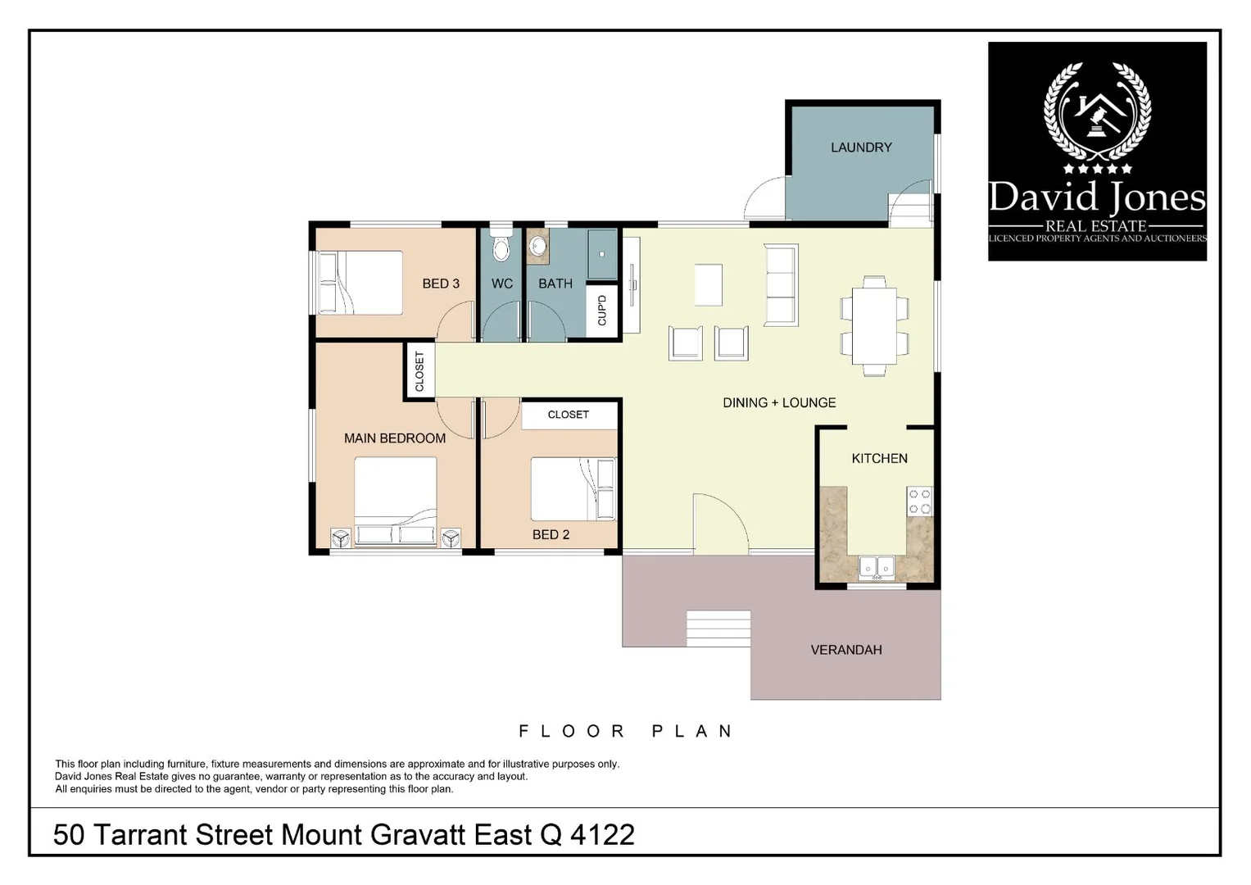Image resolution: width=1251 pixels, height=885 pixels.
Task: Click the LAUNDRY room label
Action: pyautogui.click(x=861, y=147)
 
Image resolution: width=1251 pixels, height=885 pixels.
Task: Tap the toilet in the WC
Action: pyautogui.click(x=501, y=247)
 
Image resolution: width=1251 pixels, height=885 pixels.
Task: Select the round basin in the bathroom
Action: pyautogui.click(x=537, y=246)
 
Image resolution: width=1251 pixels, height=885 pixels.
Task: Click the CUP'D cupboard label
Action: pyautogui.click(x=602, y=311)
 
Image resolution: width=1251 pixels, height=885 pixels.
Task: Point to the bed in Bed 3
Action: pyautogui.click(x=360, y=283)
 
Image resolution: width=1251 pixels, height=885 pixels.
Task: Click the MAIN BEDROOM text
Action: pyautogui.click(x=395, y=438)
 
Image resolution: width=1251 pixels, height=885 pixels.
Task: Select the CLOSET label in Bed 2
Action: pyautogui.click(x=569, y=415)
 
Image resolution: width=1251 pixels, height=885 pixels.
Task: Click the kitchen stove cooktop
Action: pyautogui.click(x=919, y=501)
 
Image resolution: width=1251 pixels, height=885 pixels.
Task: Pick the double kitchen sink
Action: pyautogui.click(x=877, y=567)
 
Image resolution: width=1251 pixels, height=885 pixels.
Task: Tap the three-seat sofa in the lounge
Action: pyautogui.click(x=780, y=284)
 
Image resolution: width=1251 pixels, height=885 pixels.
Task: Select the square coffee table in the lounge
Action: pyautogui.click(x=709, y=284)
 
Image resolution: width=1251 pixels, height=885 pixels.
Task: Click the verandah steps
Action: pyautogui.click(x=718, y=629)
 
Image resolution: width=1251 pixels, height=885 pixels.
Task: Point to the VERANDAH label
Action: pyautogui.click(x=846, y=650)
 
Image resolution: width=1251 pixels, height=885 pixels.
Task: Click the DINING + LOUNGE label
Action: pyautogui.click(x=779, y=403)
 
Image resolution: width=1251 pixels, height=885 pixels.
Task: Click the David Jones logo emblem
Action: pyautogui.click(x=1097, y=115)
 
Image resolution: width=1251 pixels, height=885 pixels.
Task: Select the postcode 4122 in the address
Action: pyautogui.click(x=602, y=835)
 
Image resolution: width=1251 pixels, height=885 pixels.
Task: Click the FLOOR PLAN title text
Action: pyautogui.click(x=626, y=731)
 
